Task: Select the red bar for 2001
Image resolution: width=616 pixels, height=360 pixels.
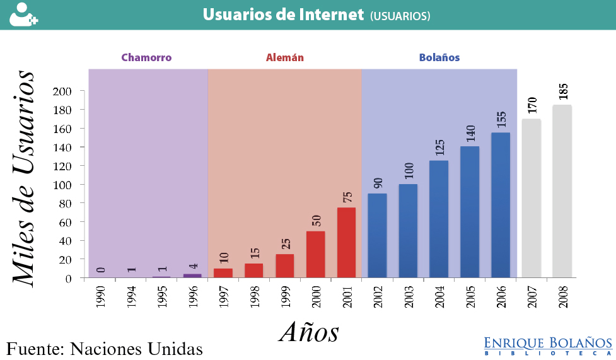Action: coord(346,243)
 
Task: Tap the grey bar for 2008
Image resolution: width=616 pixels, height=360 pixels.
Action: coord(562,191)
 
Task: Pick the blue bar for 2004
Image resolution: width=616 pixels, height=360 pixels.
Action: coord(439,219)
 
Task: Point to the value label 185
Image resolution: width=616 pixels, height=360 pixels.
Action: coord(563,91)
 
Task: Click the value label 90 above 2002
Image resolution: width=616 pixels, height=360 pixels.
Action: coord(378,182)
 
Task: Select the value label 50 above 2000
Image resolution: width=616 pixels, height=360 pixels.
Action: coord(316,220)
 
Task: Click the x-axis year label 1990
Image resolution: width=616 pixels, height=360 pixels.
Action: coord(101,295)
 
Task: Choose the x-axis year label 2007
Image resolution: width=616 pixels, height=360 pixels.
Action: coord(532,295)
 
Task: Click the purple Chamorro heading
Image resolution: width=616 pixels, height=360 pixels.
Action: coord(146,57)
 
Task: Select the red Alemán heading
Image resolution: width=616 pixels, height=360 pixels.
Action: coord(285,57)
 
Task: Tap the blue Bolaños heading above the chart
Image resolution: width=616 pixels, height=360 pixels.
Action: coord(439,57)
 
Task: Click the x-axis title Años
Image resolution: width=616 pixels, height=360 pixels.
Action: coord(309,332)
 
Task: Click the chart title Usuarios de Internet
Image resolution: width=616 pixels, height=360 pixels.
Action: coord(284,15)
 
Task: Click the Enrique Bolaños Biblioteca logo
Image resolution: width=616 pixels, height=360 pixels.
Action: coord(548,345)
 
